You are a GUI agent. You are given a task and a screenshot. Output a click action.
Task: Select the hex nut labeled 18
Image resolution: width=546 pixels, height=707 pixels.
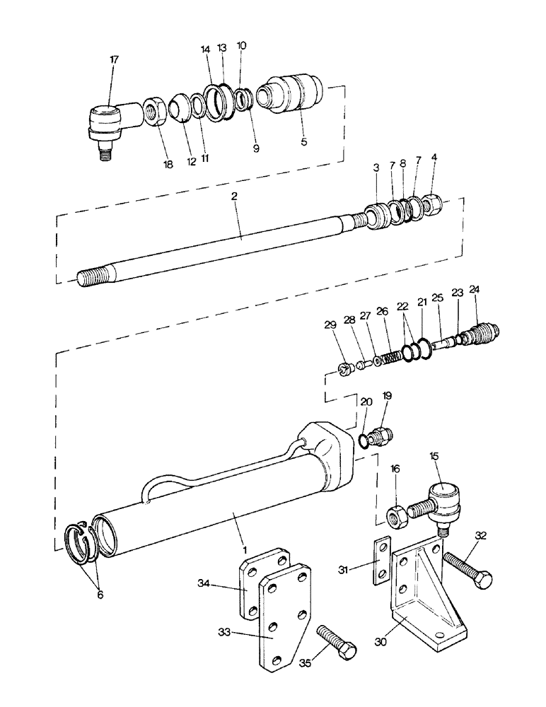(155, 112)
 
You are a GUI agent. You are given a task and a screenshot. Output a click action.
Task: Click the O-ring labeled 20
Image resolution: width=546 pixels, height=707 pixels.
(363, 441)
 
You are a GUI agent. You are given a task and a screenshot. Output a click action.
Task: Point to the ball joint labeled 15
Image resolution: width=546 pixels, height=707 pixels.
(442, 499)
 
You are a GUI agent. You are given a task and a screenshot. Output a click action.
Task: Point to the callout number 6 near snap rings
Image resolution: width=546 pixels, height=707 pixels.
(99, 595)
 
